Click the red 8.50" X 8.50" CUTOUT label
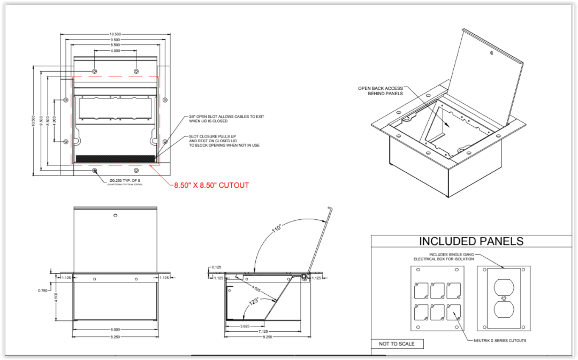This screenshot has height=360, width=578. pyautogui.click(x=211, y=186)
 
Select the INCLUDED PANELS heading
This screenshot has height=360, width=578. pyautogui.click(x=471, y=241)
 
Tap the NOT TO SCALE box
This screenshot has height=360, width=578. pyautogui.click(x=397, y=343)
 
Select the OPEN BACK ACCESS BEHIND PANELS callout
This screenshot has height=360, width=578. pyautogui.click(x=381, y=91)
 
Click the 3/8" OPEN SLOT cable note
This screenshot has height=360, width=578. pyautogui.click(x=226, y=119)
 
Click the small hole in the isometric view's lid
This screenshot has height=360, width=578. pyautogui.click(x=491, y=53)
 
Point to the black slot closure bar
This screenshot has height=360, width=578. pyautogui.click(x=115, y=159)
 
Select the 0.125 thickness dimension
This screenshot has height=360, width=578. pyautogui.click(x=216, y=267)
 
